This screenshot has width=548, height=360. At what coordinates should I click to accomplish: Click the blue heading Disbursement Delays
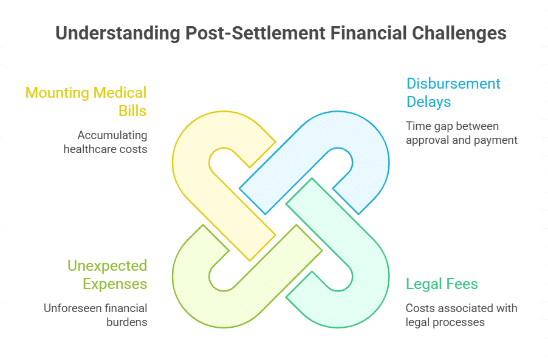pyautogui.click(x=453, y=92)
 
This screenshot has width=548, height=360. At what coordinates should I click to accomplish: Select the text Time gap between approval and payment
pyautogui.click(x=461, y=133)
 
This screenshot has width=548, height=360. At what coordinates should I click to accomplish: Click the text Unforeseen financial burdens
pyautogui.click(x=95, y=315)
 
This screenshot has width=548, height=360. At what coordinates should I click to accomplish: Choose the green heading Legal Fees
pyautogui.click(x=442, y=284)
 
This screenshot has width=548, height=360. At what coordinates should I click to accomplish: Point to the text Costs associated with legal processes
pyautogui.click(x=461, y=315)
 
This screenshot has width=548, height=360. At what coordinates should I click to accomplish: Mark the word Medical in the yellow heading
pyautogui.click(x=118, y=93)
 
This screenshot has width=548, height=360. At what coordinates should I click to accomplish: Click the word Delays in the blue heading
pyautogui.click(x=429, y=101)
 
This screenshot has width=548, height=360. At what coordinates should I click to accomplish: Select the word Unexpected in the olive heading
pyautogui.click(x=107, y=265)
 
